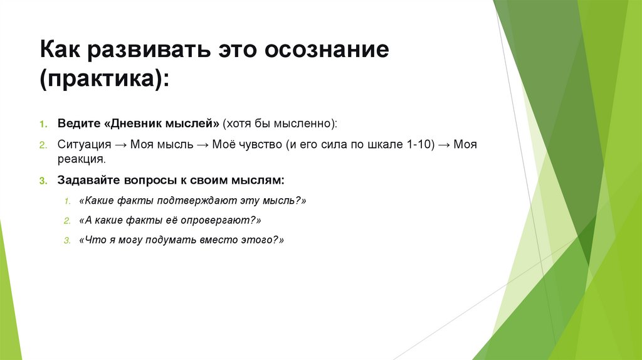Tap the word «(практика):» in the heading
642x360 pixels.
pos(105,80)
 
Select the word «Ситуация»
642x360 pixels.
pos(85,144)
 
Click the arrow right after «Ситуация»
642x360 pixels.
pos(122,144)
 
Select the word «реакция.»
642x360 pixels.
pos(80,160)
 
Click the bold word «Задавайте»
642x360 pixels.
pos(87,181)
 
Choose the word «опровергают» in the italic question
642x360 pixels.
pos(217,221)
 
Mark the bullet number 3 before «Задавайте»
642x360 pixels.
pos(43,181)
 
